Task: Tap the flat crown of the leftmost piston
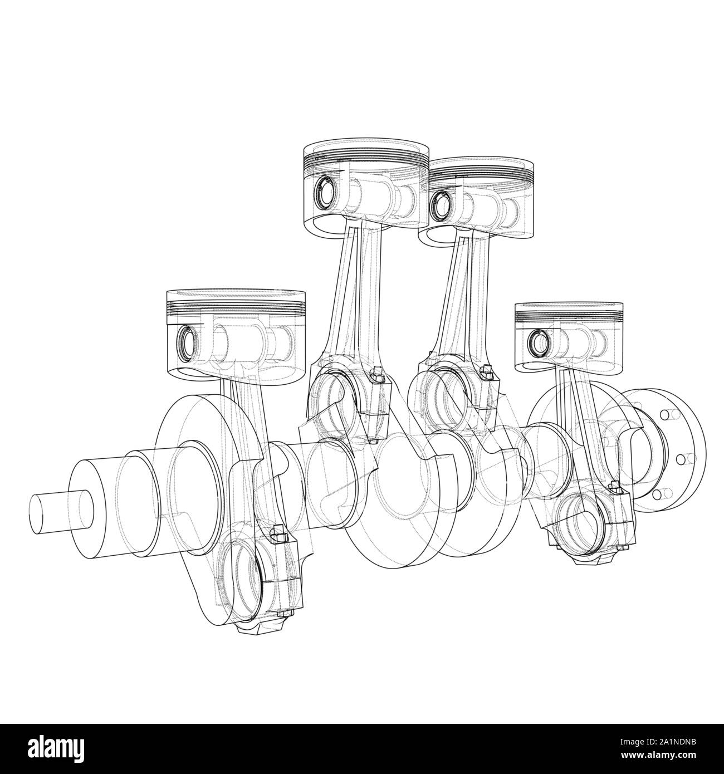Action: pos(237,293)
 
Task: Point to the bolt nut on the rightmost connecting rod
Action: pos(616,489)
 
